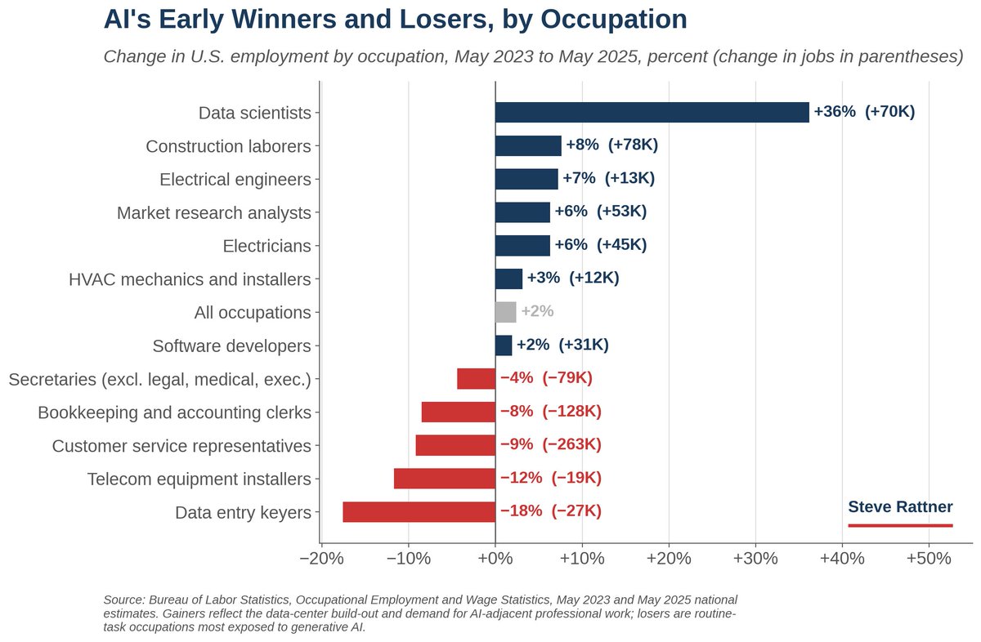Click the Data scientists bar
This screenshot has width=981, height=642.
click(x=652, y=113)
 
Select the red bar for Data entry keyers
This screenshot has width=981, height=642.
click(x=419, y=512)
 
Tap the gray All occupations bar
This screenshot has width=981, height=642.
click(x=506, y=312)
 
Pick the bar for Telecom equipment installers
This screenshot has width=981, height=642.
click(x=445, y=479)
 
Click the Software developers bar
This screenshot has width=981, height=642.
click(x=504, y=346)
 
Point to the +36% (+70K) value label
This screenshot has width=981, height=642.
click(x=864, y=112)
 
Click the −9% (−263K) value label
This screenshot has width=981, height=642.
click(x=550, y=444)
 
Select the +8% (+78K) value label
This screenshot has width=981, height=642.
click(x=611, y=145)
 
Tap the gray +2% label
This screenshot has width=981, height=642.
click(x=537, y=311)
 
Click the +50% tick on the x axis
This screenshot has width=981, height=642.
click(x=929, y=559)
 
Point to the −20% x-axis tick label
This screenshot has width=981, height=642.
click(x=321, y=559)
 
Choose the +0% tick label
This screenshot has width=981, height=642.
click(x=495, y=559)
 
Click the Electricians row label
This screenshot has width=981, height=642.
click(x=267, y=246)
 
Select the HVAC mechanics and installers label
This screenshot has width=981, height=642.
click(x=190, y=279)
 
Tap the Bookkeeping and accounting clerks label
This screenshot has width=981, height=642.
click(x=174, y=412)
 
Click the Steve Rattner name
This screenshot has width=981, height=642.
click(x=900, y=506)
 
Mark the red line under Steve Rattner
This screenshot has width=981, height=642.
click(x=900, y=525)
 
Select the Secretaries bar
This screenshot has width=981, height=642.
click(x=476, y=378)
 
